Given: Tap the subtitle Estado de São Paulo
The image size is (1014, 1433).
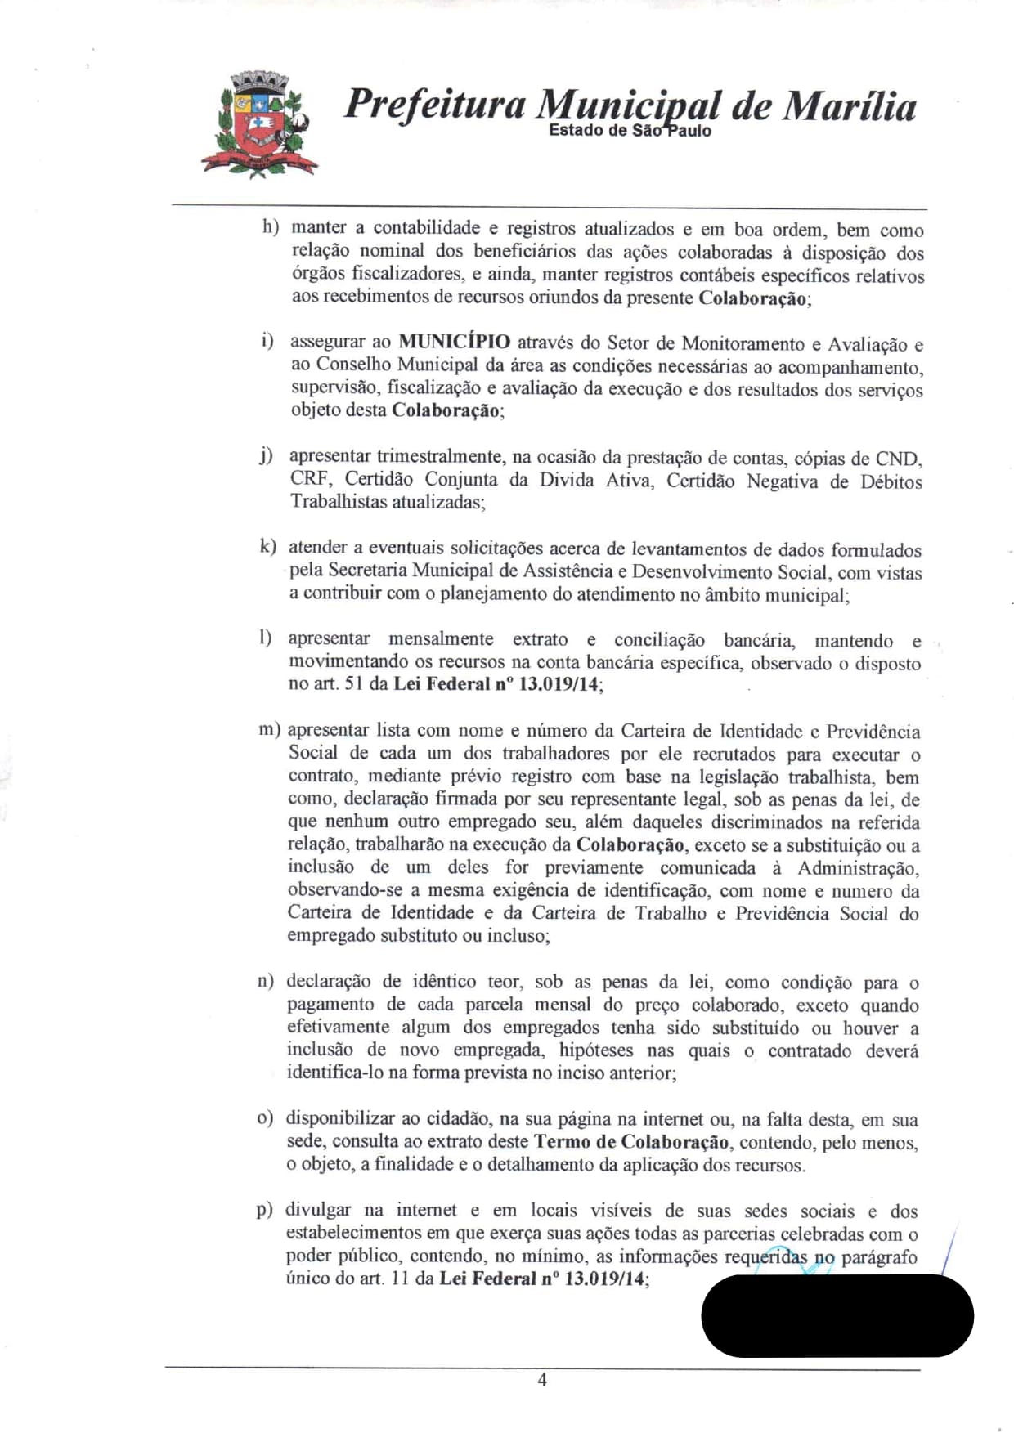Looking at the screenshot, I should [630, 131].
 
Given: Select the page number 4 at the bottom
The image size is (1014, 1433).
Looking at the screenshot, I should [542, 1380].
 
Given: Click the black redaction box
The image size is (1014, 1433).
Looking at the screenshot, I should [837, 1315].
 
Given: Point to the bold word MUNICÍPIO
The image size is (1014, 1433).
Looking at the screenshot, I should [454, 343].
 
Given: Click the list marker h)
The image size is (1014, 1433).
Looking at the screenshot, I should [270, 226].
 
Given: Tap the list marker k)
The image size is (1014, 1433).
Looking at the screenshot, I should [267, 546].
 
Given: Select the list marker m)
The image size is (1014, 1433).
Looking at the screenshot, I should [269, 729].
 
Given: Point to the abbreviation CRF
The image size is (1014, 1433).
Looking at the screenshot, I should [309, 479].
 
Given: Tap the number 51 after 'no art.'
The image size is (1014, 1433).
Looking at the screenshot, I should [353, 683].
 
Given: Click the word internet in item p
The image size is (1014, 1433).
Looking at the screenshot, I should [426, 1210].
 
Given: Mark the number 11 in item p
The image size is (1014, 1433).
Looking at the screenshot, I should [400, 1279].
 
